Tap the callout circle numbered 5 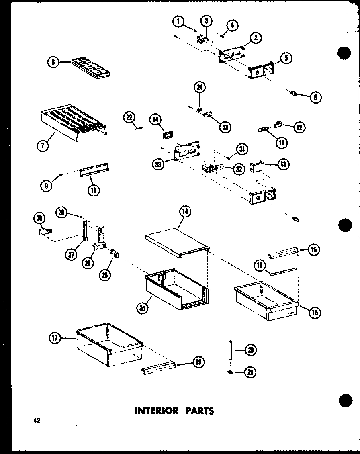(x=285, y=58)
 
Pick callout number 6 (x=315, y=97)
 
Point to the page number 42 (x=37, y=421)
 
